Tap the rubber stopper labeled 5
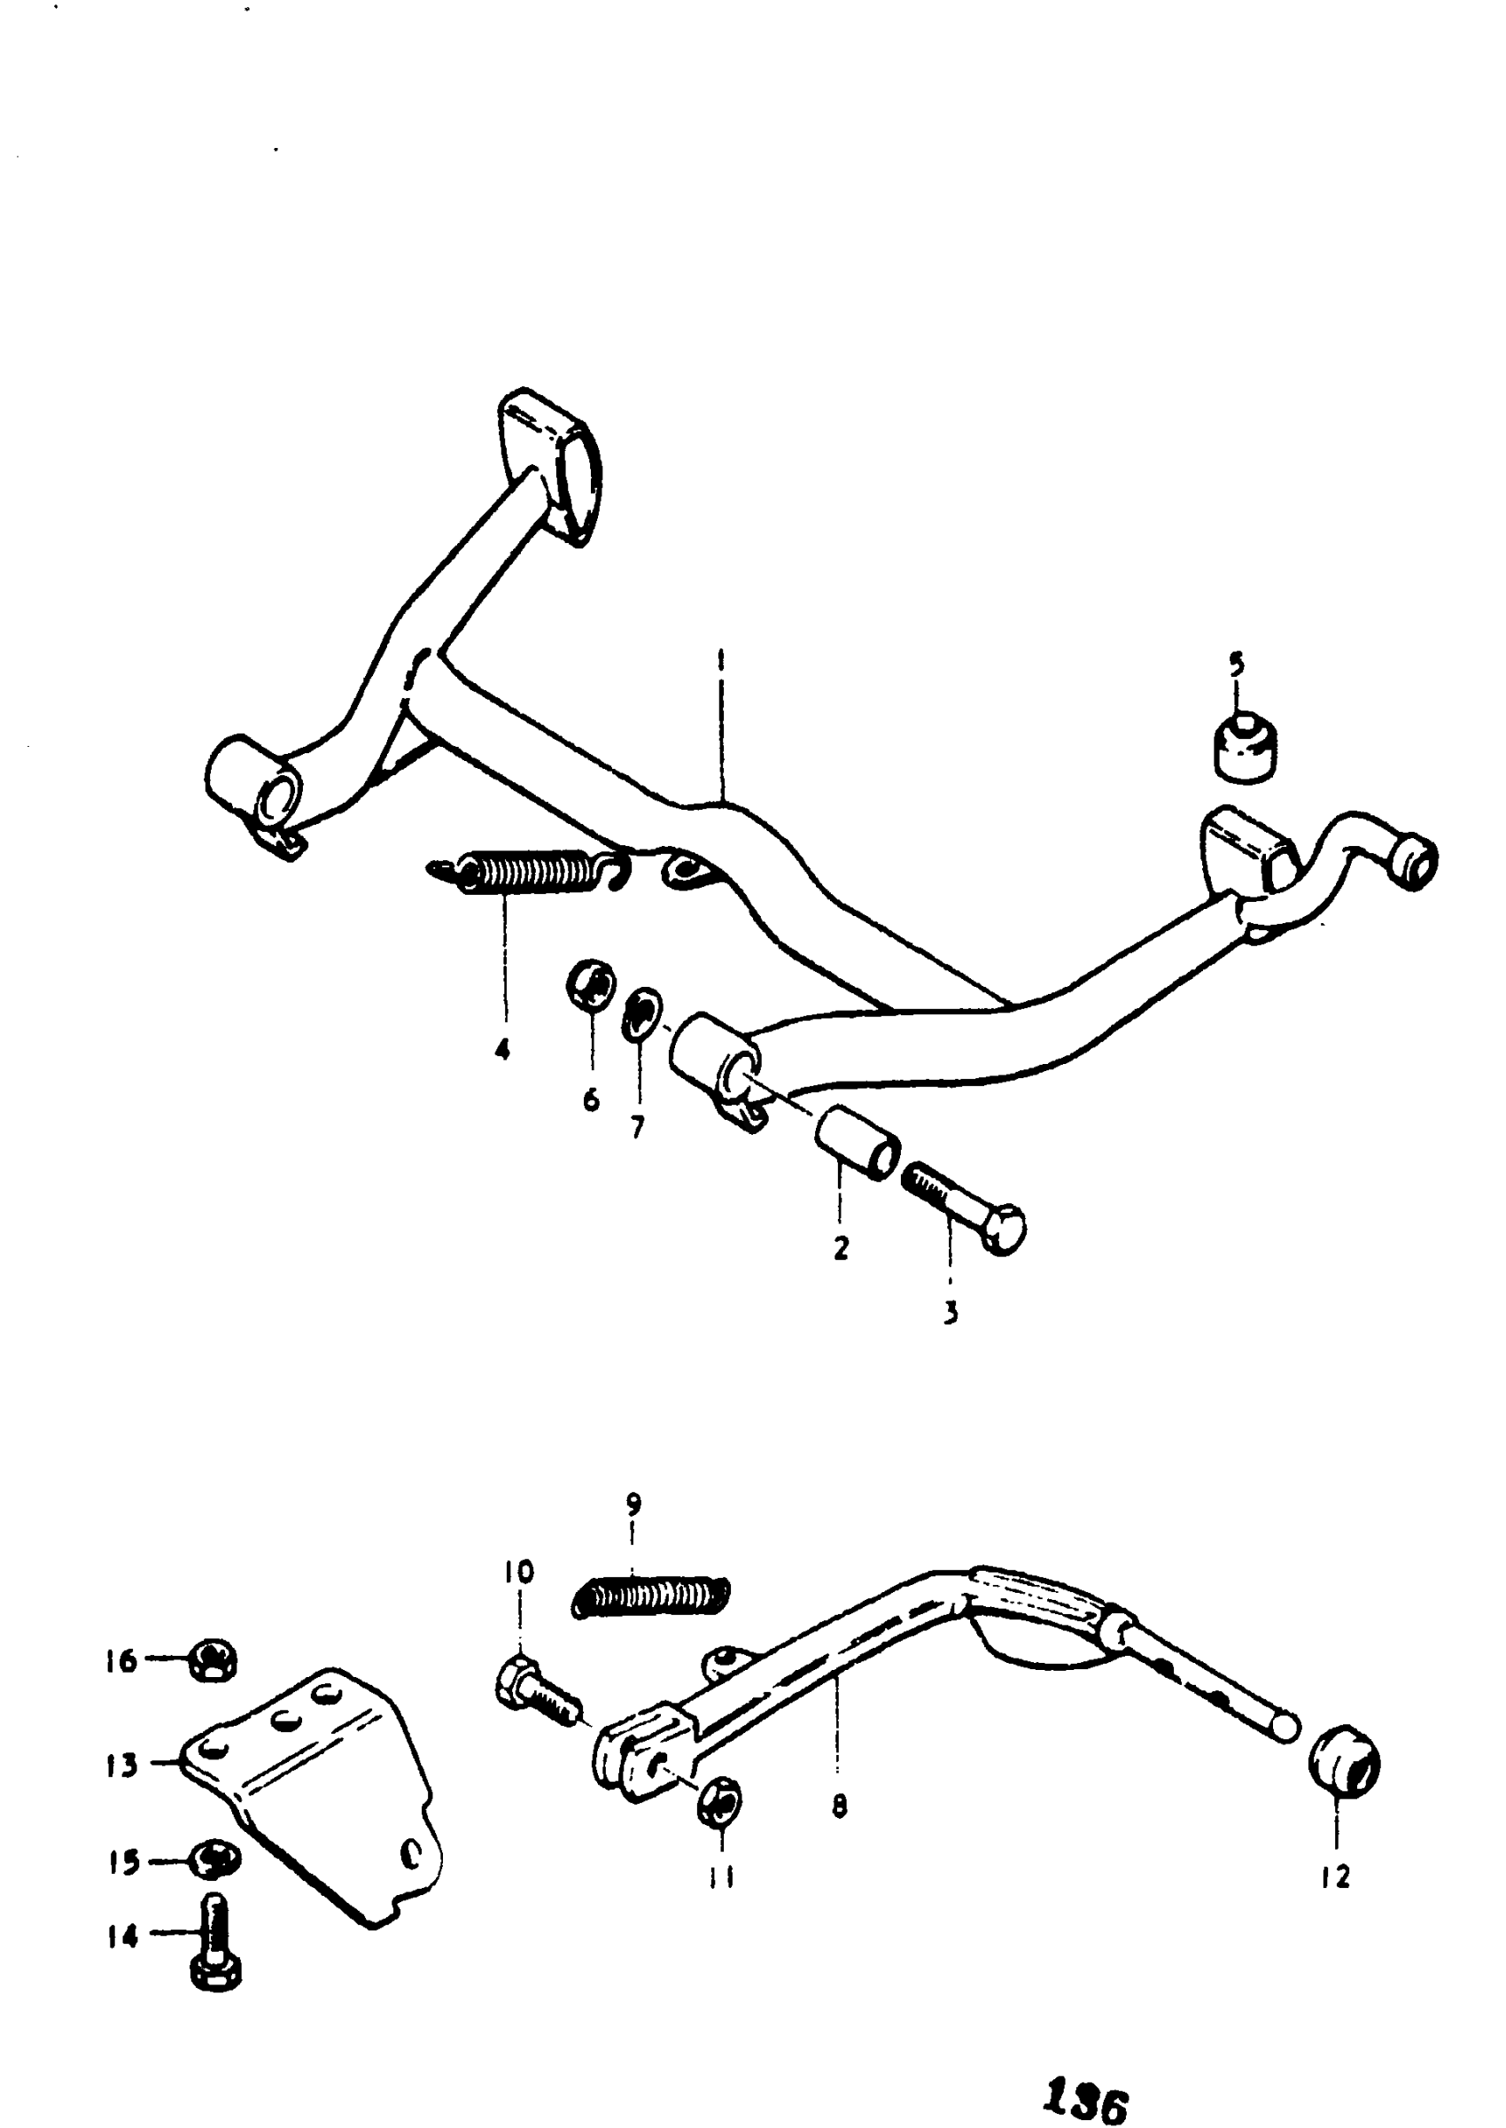pos(1245,749)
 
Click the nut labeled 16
pos(213,1661)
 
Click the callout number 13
pos(121,1766)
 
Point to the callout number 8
pos(839,1806)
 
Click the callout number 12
pos(1335,1877)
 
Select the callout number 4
pos(502,1050)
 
